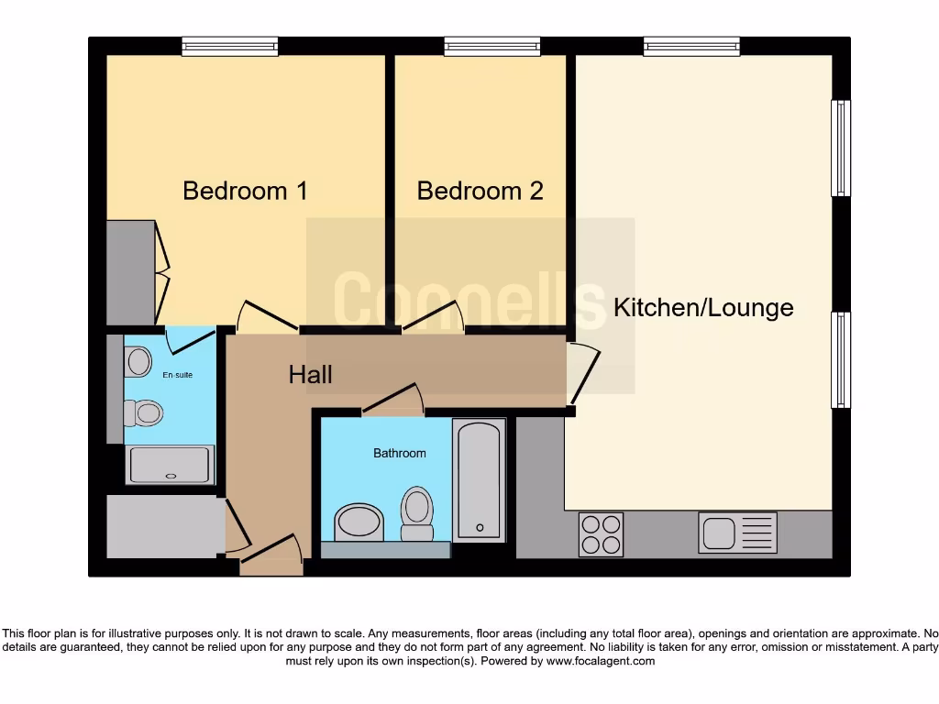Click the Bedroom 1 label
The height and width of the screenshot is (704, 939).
[x=245, y=191]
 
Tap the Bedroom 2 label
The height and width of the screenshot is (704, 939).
[x=480, y=191]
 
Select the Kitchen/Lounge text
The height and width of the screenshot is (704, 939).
[x=703, y=307]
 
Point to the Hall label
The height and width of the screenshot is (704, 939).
[x=310, y=374]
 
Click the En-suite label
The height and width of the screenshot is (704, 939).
[x=178, y=375]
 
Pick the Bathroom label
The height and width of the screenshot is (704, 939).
[x=399, y=453]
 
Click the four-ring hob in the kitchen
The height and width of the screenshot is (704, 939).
[x=601, y=533]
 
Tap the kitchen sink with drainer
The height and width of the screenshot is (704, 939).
[x=737, y=533]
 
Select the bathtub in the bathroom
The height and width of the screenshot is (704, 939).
[x=480, y=480]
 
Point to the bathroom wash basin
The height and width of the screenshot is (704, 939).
[x=359, y=522]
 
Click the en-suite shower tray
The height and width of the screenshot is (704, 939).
[x=171, y=465]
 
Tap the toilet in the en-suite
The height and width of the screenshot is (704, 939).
[x=144, y=413]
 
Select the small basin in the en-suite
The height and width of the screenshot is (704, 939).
[x=138, y=361]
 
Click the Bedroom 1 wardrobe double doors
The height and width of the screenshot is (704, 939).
[x=162, y=271]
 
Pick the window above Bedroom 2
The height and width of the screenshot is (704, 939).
[x=492, y=46]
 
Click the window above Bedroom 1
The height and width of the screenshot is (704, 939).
[x=229, y=46]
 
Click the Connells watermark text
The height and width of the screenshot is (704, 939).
[x=469, y=299]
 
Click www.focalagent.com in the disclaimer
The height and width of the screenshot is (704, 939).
[x=601, y=661]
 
